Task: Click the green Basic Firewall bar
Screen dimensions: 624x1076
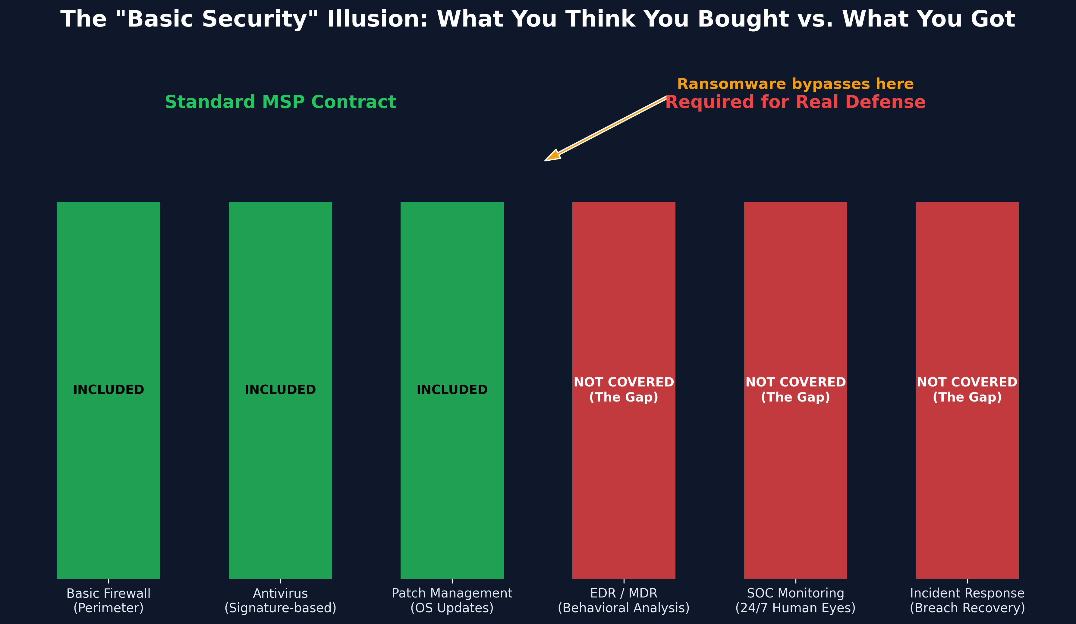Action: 109,470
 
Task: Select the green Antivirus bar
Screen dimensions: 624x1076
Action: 280,470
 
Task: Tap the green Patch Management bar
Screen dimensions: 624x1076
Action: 452,470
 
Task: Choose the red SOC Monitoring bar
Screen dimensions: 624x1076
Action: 795,470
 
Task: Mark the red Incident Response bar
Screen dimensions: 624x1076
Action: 967,470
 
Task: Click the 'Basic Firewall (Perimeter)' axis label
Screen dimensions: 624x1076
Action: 109,600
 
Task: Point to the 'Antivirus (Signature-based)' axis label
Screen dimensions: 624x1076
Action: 280,600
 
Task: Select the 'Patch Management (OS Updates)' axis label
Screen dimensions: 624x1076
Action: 452,600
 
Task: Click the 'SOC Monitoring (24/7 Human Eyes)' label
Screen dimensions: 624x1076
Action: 795,600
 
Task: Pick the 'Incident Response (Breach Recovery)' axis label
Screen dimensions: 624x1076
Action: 967,600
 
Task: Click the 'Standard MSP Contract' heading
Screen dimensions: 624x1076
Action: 280,102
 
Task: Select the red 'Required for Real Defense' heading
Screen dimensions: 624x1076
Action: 795,102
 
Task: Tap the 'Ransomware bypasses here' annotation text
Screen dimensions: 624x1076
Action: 795,84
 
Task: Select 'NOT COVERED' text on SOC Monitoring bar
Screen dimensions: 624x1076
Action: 795,382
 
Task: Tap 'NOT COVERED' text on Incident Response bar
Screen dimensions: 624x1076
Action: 967,382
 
